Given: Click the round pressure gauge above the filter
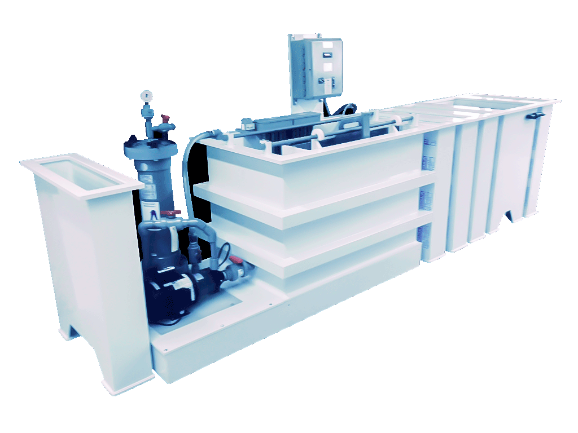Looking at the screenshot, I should tap(147, 94).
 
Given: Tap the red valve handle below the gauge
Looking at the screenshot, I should tap(165, 119).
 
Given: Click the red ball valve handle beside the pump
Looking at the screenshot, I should tap(233, 260).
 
